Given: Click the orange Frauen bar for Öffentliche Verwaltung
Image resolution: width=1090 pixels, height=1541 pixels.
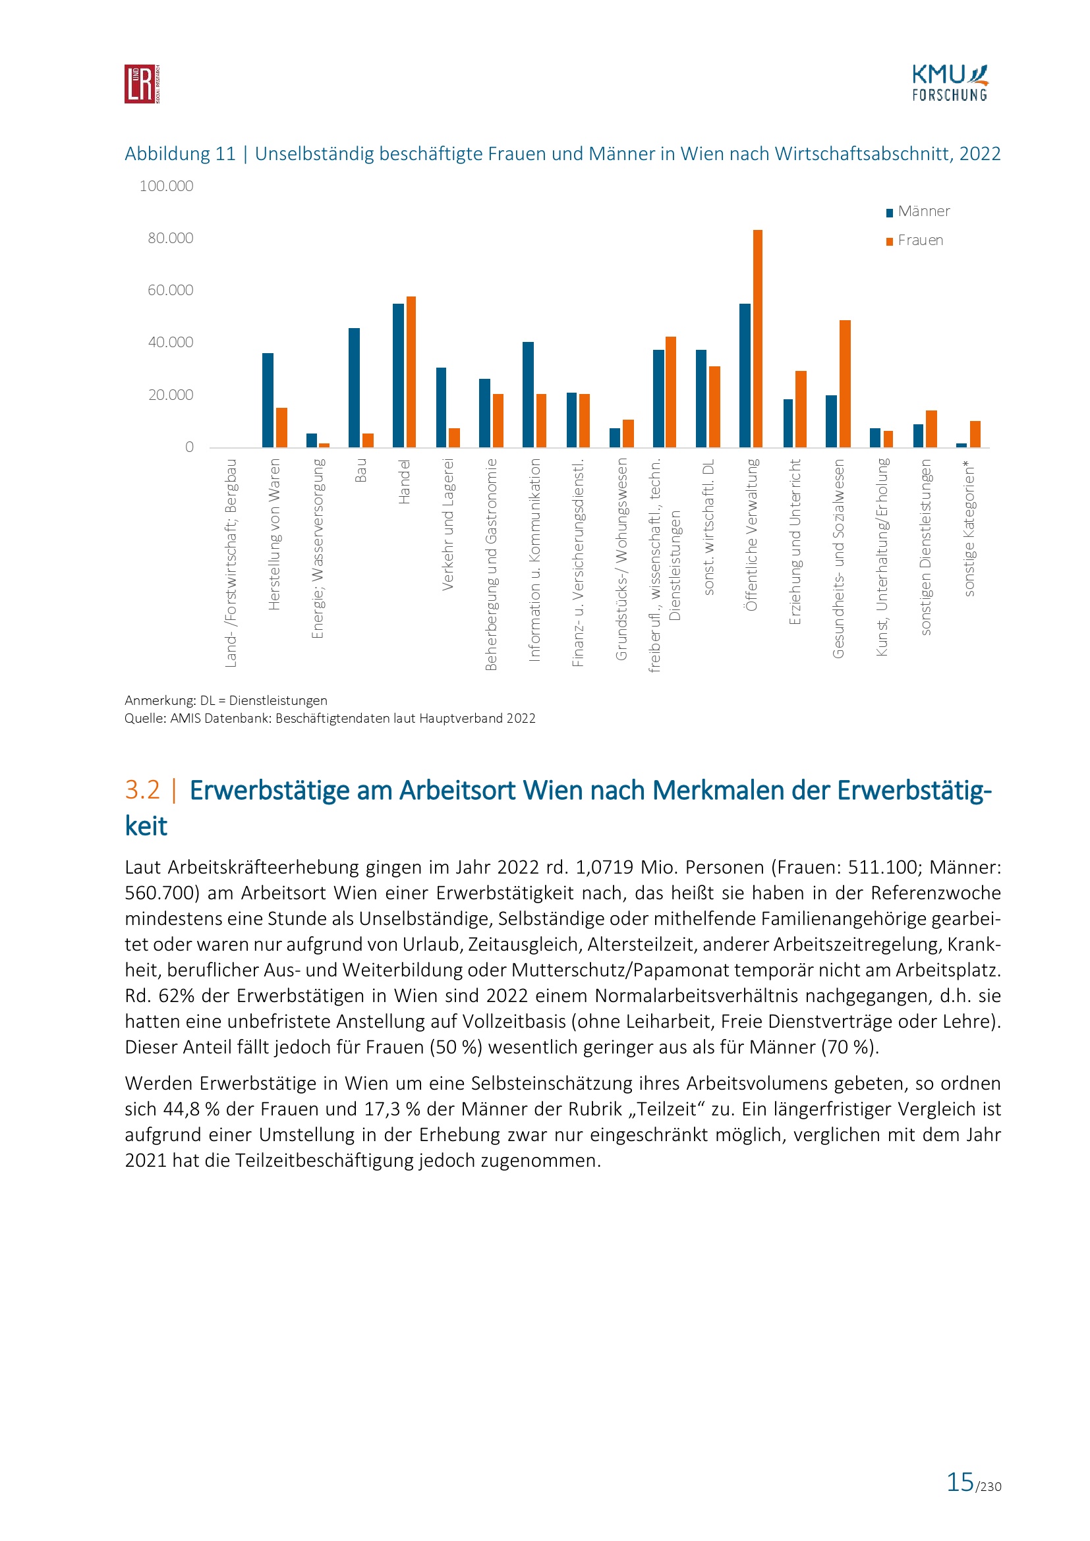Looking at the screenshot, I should coord(758,338).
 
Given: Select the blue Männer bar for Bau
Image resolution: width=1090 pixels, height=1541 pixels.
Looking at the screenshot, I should coord(354,387).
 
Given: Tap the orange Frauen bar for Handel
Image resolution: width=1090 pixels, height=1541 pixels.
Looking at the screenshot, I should coord(411,372).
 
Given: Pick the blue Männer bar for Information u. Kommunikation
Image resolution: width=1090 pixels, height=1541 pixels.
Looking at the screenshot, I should coord(529,395).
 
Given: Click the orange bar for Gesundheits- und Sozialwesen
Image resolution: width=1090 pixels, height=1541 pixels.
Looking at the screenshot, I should coord(844,383).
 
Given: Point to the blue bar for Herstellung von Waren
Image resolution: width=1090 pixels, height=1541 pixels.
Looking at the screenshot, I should coord(268,400).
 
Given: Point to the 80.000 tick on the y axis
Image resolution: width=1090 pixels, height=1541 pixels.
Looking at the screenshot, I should coord(171,238).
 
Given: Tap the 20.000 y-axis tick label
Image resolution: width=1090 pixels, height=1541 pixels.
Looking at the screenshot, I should coord(171,395).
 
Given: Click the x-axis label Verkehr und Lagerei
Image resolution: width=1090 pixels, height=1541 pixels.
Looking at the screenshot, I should coord(448,524).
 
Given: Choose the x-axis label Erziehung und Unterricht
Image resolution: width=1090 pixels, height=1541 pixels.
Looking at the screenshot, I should coord(795,542).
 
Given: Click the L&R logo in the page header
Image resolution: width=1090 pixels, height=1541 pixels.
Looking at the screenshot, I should coord(142,84).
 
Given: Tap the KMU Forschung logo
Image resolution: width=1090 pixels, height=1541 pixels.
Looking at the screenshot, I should coord(949,83).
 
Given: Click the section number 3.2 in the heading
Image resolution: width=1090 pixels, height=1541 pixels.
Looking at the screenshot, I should coord(142,790).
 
